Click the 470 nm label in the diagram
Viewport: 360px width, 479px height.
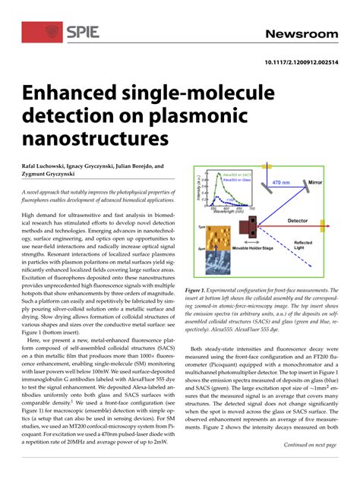coord(280,182)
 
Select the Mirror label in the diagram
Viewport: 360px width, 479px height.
coord(328,182)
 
